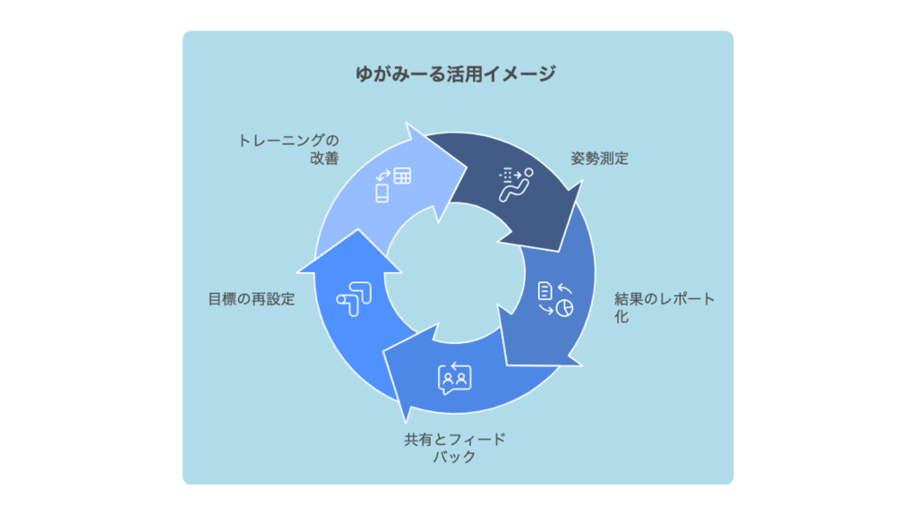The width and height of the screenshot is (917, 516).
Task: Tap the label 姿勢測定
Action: (599, 159)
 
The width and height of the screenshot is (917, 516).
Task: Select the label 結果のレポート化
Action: (664, 307)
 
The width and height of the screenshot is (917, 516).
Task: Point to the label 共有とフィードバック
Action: (454, 447)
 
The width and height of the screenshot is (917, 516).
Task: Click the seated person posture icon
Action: (516, 183)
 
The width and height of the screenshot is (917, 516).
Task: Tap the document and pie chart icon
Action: (555, 298)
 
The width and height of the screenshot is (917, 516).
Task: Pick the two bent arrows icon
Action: (352, 298)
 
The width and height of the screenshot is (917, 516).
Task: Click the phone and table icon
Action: (392, 183)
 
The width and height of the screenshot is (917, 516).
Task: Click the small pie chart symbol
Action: (565, 308)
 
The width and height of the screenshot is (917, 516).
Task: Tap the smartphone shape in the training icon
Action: (381, 192)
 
